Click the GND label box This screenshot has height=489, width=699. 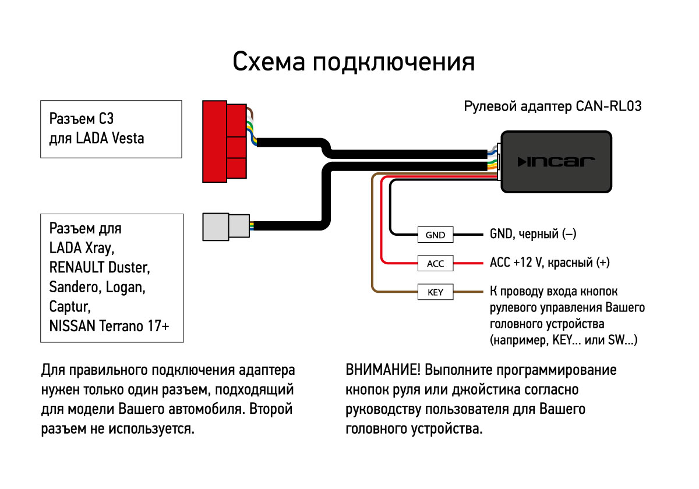click(x=435, y=235)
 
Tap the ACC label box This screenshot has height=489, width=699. click(x=435, y=263)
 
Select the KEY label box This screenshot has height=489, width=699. click(x=435, y=292)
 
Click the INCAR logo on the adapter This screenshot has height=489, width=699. click(x=556, y=161)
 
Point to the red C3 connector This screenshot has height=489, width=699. click(x=224, y=140)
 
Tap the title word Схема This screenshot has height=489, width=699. click(x=269, y=62)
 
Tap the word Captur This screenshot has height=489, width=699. click(x=69, y=307)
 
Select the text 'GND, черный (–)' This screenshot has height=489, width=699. click(x=532, y=235)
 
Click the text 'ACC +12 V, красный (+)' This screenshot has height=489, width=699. click(x=549, y=263)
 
